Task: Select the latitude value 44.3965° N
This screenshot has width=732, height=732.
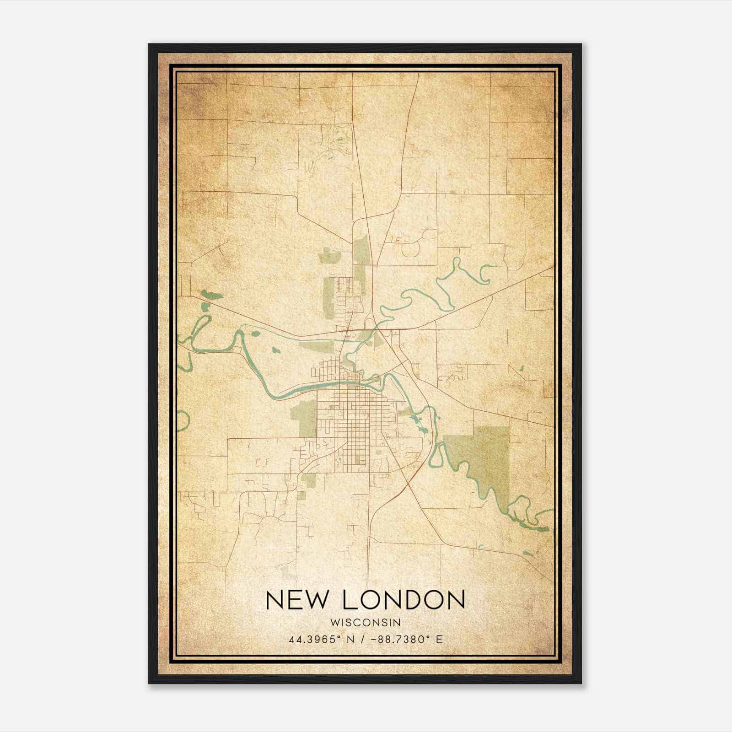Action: tap(323, 640)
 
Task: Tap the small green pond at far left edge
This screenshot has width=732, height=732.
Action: tap(211, 294)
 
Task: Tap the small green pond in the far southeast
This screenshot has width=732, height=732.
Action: tap(527, 553)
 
